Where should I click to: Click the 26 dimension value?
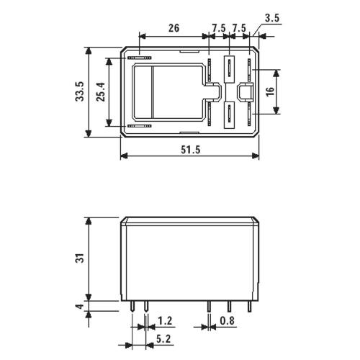pyautogui.click(x=174, y=28)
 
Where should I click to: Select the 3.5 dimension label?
pyautogui.click(x=273, y=18)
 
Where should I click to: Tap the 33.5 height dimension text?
pyautogui.click(x=80, y=91)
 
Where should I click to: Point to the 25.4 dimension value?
pyautogui.click(x=101, y=91)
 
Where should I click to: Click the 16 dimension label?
pyautogui.click(x=270, y=91)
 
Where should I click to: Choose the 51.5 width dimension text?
pyautogui.click(x=190, y=150)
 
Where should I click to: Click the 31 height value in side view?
pyautogui.click(x=80, y=258)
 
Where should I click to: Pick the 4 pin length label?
pyautogui.click(x=80, y=306)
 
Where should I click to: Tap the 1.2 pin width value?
pyautogui.click(x=165, y=320)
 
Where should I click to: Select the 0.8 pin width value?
pyautogui.click(x=227, y=320)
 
